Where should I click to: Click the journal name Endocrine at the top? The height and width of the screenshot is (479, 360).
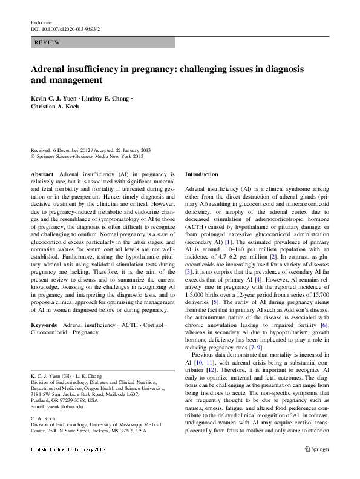click(x=41, y=21)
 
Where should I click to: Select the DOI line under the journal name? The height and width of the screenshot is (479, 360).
click(x=65, y=28)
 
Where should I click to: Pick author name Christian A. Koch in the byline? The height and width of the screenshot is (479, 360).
click(x=55, y=107)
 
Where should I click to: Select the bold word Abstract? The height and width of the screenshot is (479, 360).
click(x=42, y=173)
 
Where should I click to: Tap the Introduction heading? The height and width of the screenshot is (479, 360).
click(x=201, y=174)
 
